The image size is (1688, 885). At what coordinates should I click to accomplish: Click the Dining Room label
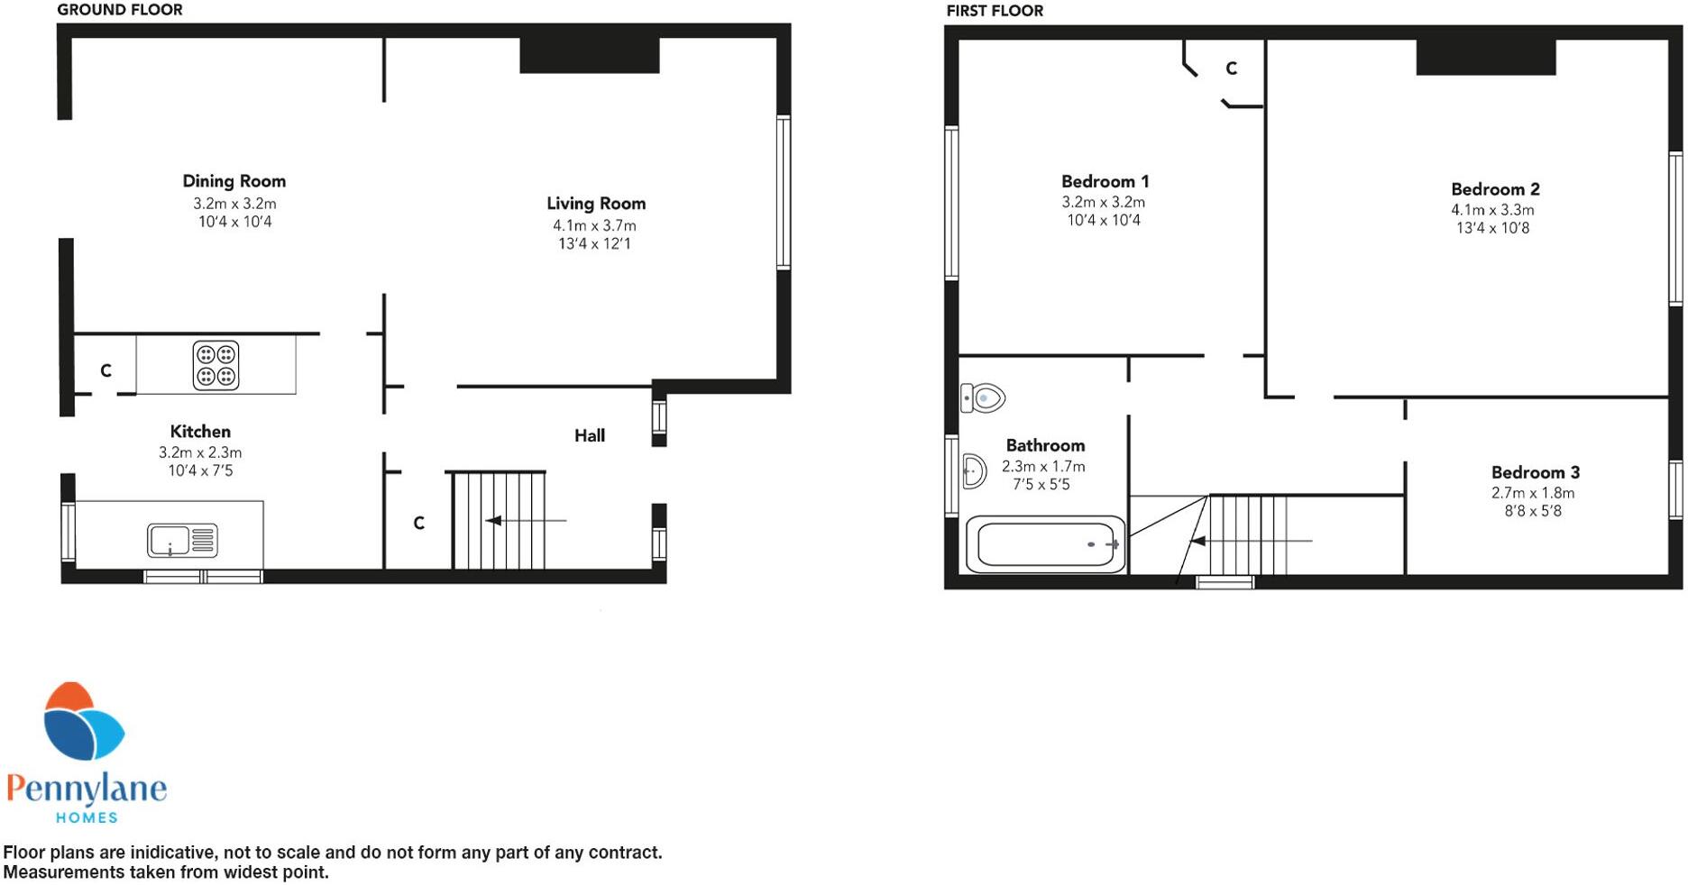(x=234, y=181)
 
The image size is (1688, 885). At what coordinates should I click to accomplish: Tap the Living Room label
(x=596, y=204)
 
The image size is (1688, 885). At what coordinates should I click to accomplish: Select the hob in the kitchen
(x=216, y=365)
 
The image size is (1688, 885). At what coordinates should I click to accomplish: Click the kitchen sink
(x=182, y=541)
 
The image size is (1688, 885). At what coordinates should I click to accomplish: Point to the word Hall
(x=590, y=436)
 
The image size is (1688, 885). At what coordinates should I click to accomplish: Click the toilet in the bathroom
(x=983, y=397)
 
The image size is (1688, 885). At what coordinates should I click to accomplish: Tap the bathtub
(x=1045, y=544)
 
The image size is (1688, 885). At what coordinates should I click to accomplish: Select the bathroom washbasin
(x=974, y=470)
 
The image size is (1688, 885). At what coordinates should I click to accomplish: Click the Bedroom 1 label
(x=1105, y=181)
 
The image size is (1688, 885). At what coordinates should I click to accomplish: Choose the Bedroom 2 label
(x=1495, y=189)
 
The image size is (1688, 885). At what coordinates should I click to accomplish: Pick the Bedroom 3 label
(x=1535, y=472)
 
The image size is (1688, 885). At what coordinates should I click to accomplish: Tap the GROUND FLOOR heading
(x=119, y=10)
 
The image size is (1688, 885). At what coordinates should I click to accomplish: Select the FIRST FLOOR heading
(x=995, y=11)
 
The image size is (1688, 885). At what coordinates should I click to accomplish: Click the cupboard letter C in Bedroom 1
(x=1231, y=68)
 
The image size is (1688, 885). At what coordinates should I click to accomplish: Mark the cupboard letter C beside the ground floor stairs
(x=418, y=523)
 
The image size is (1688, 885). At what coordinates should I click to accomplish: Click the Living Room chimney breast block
(x=590, y=55)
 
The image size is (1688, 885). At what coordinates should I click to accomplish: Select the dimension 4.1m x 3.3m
(x=1492, y=210)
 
